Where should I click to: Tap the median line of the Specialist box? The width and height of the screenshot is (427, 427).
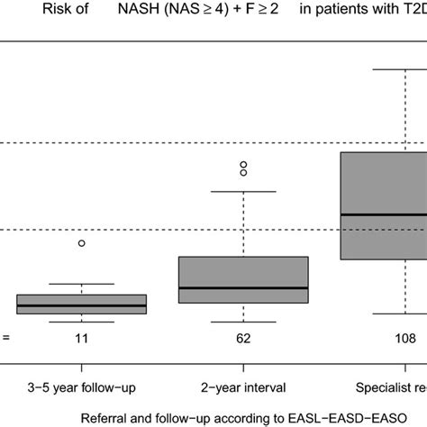383,214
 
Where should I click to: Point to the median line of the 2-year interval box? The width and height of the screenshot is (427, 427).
243,288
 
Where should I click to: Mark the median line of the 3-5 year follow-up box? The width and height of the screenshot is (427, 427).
82,306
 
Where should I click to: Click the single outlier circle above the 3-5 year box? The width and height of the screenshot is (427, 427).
82,243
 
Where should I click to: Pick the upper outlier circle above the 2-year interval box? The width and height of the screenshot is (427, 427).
243,164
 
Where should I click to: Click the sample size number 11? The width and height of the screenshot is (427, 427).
82,339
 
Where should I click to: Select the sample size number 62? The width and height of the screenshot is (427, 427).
243,339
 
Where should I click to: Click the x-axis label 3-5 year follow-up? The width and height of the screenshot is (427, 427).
82,387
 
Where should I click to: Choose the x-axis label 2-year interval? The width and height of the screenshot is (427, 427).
243,387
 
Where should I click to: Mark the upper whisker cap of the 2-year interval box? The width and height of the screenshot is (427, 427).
243,191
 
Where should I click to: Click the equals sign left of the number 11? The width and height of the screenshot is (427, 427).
5,339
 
